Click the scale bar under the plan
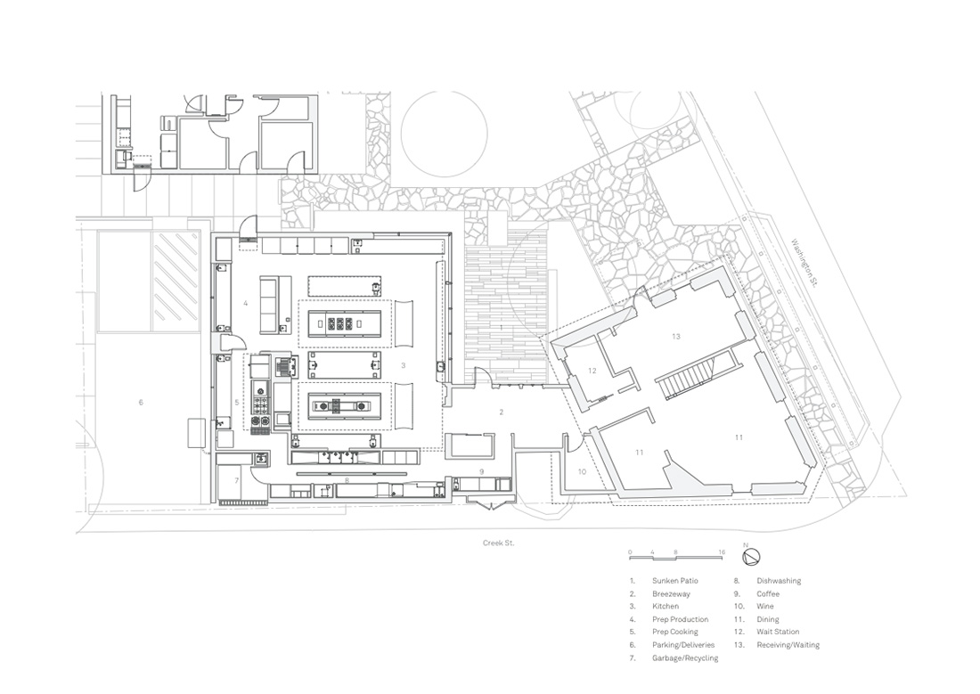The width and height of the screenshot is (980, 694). click(676, 558)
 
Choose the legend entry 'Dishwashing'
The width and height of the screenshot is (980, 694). click(780, 581)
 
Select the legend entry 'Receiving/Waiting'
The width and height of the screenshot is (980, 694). click(788, 645)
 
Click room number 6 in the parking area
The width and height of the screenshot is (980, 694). click(141, 403)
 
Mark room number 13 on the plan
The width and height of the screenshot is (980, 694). click(676, 336)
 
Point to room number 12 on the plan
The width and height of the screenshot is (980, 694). click(589, 370)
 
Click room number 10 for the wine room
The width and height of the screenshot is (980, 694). click(583, 471)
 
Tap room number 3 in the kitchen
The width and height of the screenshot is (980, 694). click(404, 365)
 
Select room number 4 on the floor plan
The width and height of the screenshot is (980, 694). click(245, 303)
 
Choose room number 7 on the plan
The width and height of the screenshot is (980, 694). click(237, 480)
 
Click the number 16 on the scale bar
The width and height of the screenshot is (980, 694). click(721, 552)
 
